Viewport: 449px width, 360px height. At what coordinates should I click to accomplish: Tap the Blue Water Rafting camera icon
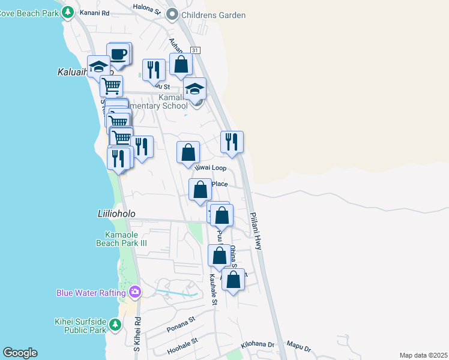tap(135, 292)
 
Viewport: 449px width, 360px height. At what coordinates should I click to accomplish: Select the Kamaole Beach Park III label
tap(121, 239)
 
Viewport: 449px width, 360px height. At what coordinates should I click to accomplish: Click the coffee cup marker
tap(119, 55)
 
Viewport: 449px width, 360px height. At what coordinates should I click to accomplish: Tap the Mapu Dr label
tap(298, 348)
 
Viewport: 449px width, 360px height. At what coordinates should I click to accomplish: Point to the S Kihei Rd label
tap(137, 334)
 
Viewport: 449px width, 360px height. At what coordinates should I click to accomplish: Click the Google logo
tap(20, 353)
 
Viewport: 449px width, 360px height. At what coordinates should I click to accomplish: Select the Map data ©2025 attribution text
tap(423, 355)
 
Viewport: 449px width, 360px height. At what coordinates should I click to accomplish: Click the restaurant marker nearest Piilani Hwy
tap(232, 142)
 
